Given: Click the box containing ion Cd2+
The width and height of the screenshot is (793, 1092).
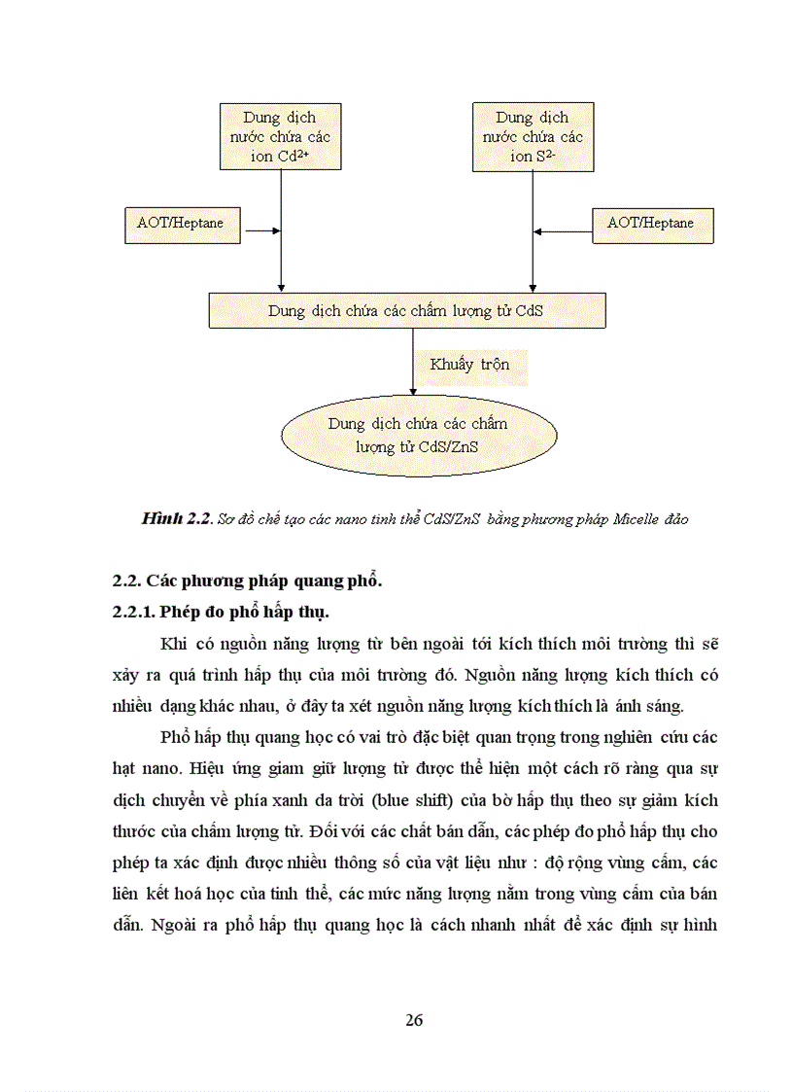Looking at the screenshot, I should point(281,137).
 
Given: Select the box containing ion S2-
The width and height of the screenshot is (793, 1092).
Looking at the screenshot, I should point(533,137).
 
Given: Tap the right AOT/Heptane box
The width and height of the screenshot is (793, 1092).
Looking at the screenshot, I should point(651,224).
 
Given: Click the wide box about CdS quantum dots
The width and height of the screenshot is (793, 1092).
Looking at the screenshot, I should point(406,311).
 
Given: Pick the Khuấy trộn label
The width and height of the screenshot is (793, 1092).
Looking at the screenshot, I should point(469,365).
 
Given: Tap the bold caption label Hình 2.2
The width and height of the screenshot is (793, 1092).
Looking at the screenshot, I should point(176,519).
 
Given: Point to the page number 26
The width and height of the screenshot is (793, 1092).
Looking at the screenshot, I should point(414,1020).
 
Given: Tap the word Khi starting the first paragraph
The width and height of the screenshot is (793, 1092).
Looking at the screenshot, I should point(171,644).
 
